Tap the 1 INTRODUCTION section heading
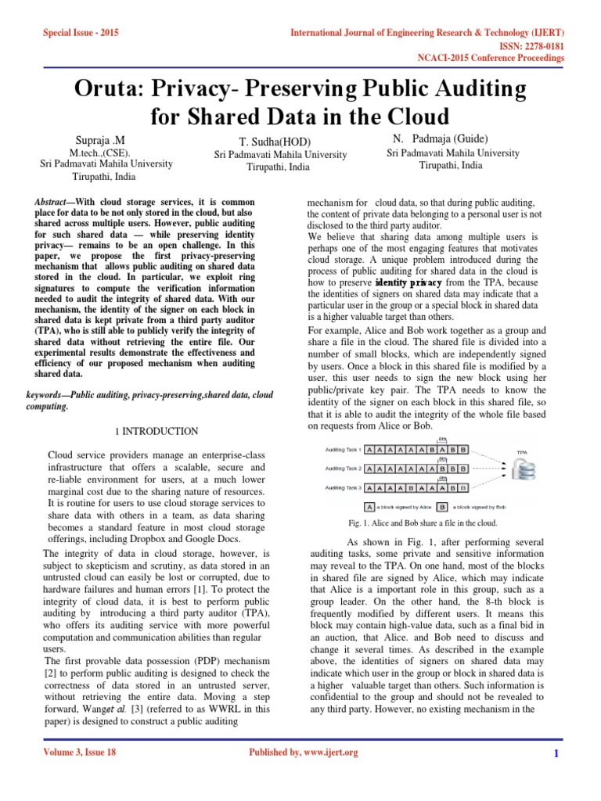[157, 431]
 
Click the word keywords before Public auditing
[49, 395]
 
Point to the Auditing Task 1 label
[344, 450]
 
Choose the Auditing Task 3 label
[344, 487]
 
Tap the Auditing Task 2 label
[344, 469]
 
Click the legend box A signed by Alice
[370, 506]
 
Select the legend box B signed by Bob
[442, 506]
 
